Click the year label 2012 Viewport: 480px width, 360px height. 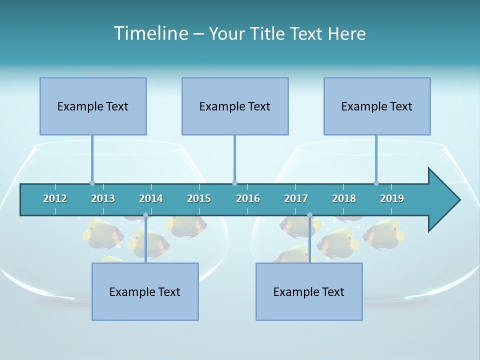coord(55,198)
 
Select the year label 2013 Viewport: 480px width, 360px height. coord(103,198)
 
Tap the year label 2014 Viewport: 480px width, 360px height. coord(151,198)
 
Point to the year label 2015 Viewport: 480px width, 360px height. coord(199,198)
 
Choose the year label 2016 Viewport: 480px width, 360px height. coord(248,198)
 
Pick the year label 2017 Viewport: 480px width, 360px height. coord(296,198)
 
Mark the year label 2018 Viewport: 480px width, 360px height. coord(344,198)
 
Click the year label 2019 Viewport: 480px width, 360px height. coord(392,198)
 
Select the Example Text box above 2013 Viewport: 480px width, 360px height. coord(93,106)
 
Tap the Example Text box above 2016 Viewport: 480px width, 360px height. coord(235,106)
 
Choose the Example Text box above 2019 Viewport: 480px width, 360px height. coord(377,106)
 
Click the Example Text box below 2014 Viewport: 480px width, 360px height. coord(145,291)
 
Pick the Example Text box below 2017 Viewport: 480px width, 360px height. coord(309,291)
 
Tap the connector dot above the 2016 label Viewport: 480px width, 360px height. coord(235,183)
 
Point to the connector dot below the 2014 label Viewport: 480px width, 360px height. coord(145,215)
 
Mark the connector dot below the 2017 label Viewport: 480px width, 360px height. coord(309,215)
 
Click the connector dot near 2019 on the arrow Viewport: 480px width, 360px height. coord(376,183)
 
